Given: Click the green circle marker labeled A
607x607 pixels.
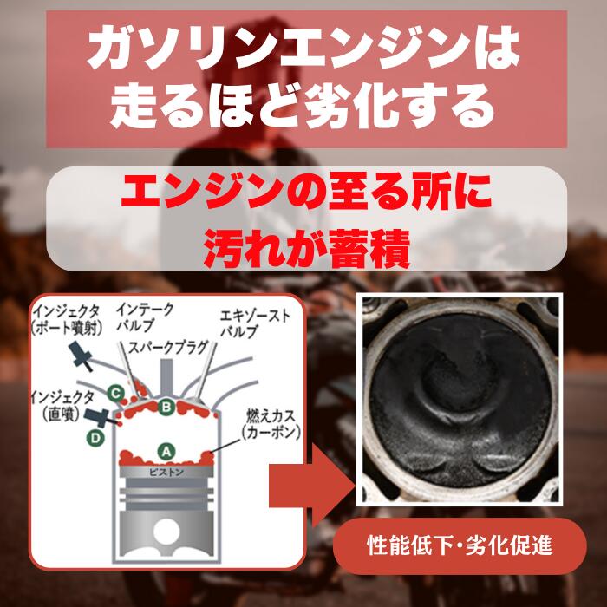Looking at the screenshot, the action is click(x=166, y=452).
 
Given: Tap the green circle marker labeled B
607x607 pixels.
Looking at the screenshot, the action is click(x=166, y=407).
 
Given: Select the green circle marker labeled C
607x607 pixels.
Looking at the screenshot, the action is click(x=115, y=394).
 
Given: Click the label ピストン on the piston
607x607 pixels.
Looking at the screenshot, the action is click(x=166, y=473).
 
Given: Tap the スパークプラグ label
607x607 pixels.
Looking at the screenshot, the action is click(x=168, y=347).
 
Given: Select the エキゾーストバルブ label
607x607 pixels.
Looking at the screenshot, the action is click(x=254, y=323).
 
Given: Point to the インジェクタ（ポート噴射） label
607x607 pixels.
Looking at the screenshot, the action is click(x=67, y=320).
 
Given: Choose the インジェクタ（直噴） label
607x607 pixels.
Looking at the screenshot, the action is click(x=62, y=406).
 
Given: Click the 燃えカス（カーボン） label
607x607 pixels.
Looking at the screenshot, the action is click(x=271, y=424).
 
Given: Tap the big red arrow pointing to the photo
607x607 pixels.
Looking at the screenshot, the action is click(x=310, y=486).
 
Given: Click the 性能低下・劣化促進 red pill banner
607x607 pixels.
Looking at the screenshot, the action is click(x=460, y=545).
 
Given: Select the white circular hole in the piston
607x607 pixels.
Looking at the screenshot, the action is click(x=166, y=532).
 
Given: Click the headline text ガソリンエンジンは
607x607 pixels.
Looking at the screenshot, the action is click(x=303, y=49).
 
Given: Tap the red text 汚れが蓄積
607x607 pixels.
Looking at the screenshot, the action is click(x=307, y=249).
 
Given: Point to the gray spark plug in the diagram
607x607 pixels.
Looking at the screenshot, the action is click(x=166, y=376).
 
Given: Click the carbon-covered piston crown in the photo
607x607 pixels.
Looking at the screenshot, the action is click(x=460, y=401).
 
